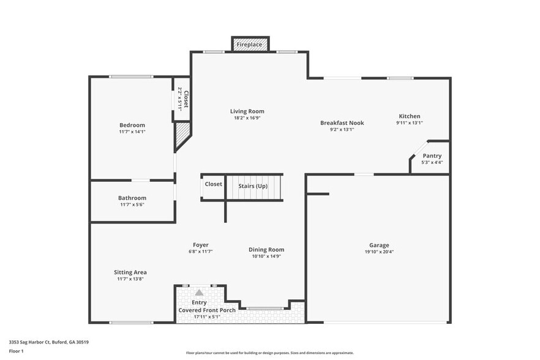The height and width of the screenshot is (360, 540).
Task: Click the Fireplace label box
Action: pyautogui.click(x=249, y=45)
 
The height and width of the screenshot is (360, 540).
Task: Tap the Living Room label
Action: pyautogui.click(x=247, y=111)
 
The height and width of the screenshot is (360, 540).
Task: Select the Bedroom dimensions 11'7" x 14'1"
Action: pyautogui.click(x=132, y=132)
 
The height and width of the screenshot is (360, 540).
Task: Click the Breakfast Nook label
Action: pyautogui.click(x=342, y=123)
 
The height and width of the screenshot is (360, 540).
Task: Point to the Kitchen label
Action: pyautogui.click(x=410, y=116)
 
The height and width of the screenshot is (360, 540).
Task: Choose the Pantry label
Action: pyautogui.click(x=432, y=156)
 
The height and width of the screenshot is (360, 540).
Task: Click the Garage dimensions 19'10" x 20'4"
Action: pyautogui.click(x=379, y=252)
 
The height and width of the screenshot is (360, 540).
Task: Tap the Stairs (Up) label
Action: pyautogui.click(x=253, y=186)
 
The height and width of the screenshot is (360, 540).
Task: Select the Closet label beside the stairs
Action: pyautogui.click(x=214, y=184)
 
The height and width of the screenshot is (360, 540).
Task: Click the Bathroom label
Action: pyautogui.click(x=132, y=198)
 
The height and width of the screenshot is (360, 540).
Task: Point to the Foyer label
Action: pyautogui.click(x=200, y=245)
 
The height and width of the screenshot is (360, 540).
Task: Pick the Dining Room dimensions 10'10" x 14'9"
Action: pyautogui.click(x=266, y=256)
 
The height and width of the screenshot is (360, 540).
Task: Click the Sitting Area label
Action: pyautogui.click(x=130, y=272)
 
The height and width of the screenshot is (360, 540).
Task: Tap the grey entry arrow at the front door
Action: pyautogui.click(x=199, y=293)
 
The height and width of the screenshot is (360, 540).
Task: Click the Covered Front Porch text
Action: pyautogui.click(x=207, y=310)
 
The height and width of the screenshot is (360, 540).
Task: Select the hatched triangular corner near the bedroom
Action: pyautogui.click(x=182, y=137)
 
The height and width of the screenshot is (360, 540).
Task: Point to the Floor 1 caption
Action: pyautogui.click(x=17, y=351)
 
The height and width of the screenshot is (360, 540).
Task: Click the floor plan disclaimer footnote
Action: pyautogui.click(x=270, y=353)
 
